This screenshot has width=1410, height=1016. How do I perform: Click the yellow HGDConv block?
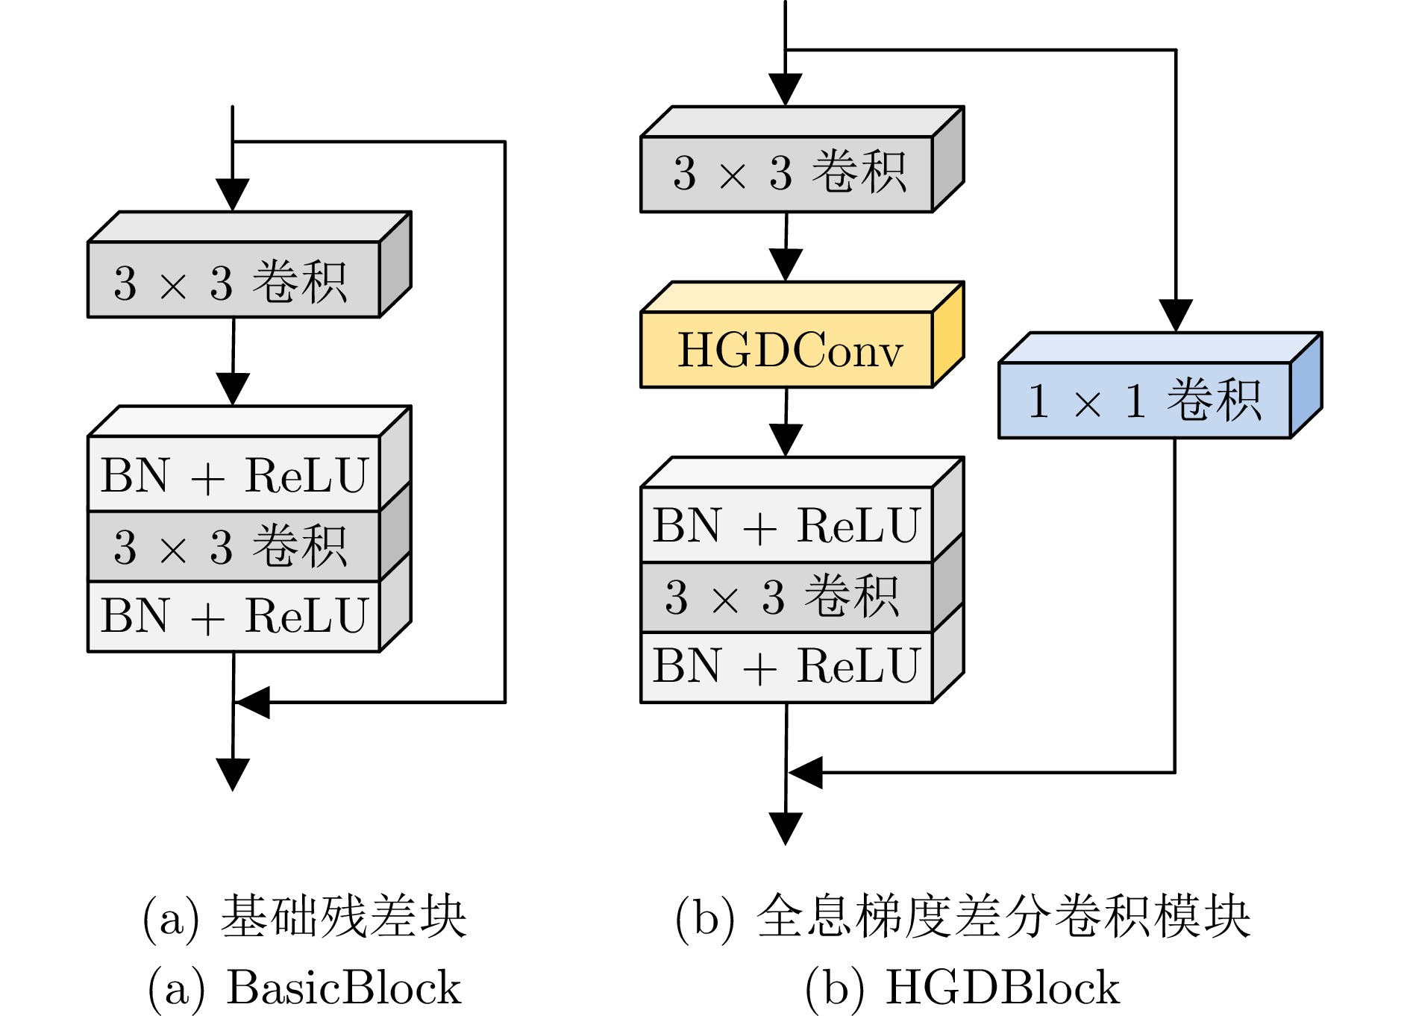point(787,350)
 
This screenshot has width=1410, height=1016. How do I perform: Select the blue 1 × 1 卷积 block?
point(1144,400)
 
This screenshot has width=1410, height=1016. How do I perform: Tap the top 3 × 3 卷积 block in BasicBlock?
point(234,280)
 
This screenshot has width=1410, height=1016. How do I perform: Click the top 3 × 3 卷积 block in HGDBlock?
point(787,174)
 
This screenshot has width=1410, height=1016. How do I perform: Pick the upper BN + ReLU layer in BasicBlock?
point(234,474)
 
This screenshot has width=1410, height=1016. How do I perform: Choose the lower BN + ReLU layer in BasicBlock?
point(234,616)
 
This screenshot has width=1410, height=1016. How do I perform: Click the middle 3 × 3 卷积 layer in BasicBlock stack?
point(234,546)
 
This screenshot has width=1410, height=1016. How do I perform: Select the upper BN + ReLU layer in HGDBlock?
point(786,525)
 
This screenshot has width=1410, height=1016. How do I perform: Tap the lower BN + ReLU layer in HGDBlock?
point(786,666)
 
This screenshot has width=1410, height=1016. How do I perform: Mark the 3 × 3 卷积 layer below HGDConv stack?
point(786,597)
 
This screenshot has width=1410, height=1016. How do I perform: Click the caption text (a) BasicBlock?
point(305,988)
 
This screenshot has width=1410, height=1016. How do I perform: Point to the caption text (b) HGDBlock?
point(962,988)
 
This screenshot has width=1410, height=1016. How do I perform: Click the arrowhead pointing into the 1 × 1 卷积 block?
point(1176,316)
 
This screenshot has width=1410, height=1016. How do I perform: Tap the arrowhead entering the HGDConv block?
point(786,266)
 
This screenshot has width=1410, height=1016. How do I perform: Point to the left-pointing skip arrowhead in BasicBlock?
point(251,702)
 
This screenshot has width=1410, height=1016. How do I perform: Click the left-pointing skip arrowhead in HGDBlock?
point(805,772)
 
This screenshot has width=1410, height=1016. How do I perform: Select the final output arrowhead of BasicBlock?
point(233,774)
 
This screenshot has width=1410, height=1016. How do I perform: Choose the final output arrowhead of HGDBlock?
point(786,828)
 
